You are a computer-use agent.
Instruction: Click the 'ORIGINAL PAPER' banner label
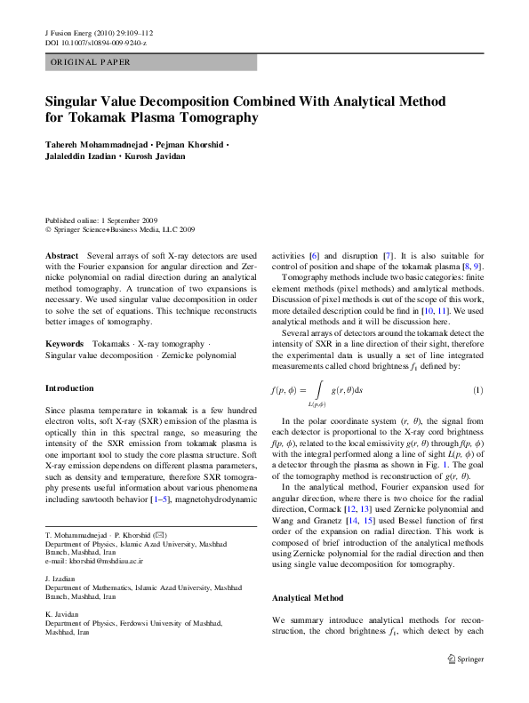[90, 62]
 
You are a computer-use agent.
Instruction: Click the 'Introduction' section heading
[69, 388]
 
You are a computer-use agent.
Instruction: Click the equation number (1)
[477, 390]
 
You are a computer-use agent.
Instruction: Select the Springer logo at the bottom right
[468, 659]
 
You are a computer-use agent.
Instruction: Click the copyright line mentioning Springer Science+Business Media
[120, 228]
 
